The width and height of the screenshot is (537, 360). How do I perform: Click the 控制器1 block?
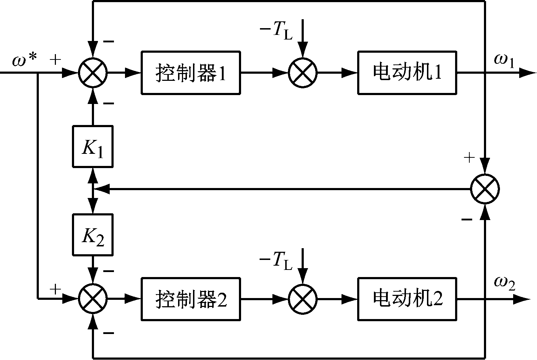point(191,73)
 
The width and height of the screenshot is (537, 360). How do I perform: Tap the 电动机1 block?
point(407,73)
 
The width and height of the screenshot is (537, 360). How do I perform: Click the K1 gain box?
point(93,146)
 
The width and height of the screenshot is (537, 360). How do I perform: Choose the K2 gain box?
point(93,235)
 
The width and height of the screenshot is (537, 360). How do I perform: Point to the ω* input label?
point(24,61)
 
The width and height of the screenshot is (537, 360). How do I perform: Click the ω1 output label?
point(504,61)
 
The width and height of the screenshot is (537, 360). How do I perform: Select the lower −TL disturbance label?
point(276,261)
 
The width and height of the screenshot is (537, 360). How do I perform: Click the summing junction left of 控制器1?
point(93,73)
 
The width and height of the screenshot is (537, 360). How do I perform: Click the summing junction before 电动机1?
point(303,73)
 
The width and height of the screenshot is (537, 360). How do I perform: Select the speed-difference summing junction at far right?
point(485,189)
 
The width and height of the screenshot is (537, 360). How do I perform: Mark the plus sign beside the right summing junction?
point(470,157)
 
